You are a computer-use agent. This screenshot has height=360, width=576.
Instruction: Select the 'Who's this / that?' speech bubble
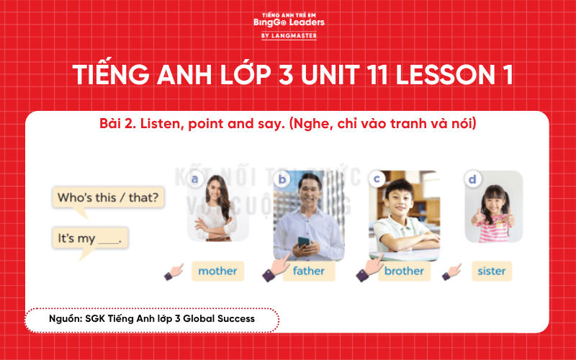pyautogui.click(x=109, y=197)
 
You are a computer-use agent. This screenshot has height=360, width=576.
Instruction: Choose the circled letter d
pyautogui.click(x=472, y=179)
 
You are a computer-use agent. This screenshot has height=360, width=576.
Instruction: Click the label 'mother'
pyautogui.click(x=217, y=271)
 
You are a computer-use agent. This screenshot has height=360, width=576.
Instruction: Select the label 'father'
pyautogui.click(x=309, y=271)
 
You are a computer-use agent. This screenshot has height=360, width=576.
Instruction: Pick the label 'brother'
pyautogui.click(x=404, y=271)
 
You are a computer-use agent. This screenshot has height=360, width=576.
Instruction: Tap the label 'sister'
pyautogui.click(x=492, y=271)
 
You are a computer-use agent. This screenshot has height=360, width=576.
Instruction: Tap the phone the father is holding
pyautogui.click(x=303, y=241)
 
